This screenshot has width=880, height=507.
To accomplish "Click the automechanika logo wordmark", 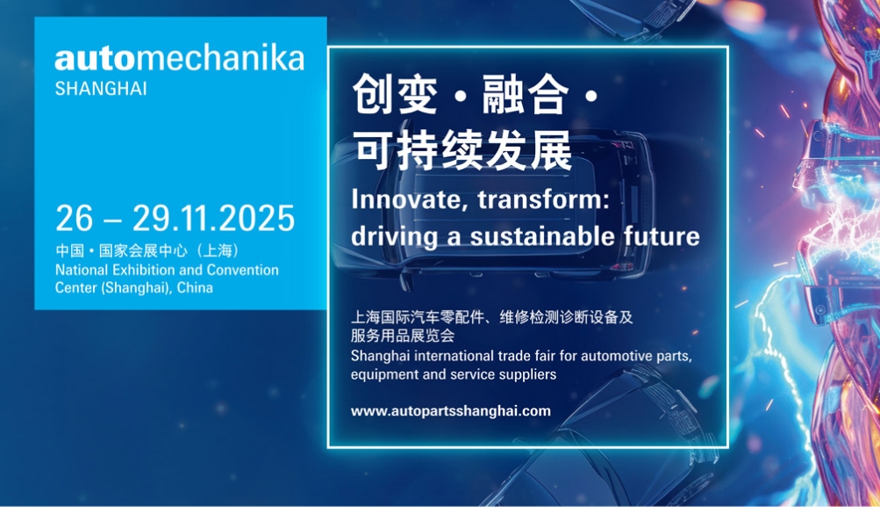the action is point(180,59).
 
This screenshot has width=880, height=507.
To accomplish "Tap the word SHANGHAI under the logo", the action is point(101,89).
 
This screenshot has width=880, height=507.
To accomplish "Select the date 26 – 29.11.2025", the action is point(175,218).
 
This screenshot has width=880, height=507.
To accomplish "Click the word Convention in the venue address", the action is point(242,270).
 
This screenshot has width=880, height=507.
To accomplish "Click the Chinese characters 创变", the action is point(395,94).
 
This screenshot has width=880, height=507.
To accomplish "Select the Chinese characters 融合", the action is point(526,94).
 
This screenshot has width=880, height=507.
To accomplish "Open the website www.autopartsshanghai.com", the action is point(451,411).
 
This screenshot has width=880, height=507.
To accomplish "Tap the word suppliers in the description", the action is point(527,375).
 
